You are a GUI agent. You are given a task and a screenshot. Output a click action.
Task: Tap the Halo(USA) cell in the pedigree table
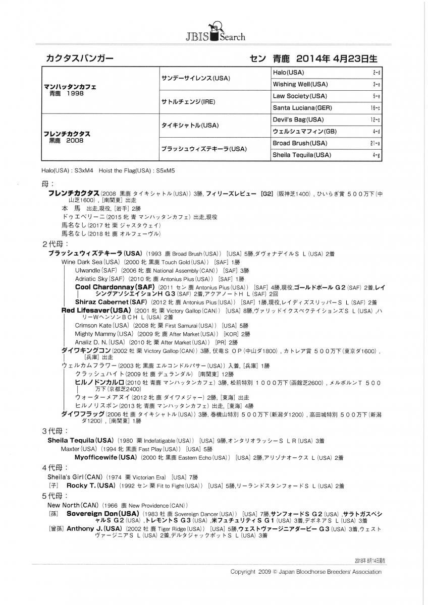coord(288,73)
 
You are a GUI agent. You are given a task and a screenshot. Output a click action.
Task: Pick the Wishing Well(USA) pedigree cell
coord(300,84)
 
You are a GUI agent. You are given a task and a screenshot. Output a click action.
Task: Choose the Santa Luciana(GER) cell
coord(302,107)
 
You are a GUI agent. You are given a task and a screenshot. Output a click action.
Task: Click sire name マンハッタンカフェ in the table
coord(70,87)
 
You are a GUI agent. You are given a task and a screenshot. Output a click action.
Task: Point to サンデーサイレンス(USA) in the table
coord(195,79)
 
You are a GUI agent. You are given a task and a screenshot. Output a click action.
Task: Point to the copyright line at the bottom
coord(306,572)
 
